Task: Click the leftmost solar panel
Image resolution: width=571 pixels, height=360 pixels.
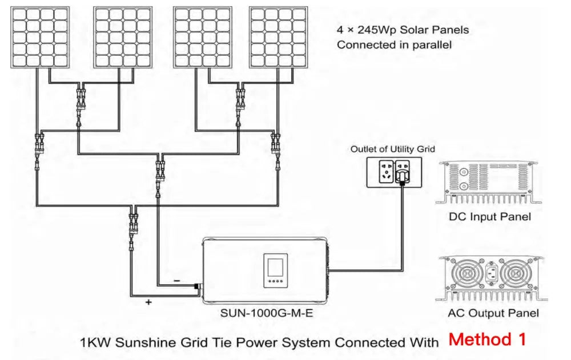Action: pos(40,37)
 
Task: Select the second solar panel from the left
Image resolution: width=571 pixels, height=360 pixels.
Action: pos(122,37)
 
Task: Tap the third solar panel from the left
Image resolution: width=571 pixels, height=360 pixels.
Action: pos(202,37)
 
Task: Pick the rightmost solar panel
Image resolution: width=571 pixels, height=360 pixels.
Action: pos(278,37)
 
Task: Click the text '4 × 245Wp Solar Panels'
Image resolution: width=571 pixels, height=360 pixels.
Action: pos(403,30)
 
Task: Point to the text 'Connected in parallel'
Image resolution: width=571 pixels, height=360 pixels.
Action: pos(394,45)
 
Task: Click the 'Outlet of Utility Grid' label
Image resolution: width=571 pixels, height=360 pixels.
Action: pos(392,149)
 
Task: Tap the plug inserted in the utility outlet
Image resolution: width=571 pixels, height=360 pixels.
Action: pos(404,172)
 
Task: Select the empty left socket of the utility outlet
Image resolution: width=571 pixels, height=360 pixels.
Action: pos(381,171)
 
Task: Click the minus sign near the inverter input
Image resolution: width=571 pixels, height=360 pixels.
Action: pos(177,281)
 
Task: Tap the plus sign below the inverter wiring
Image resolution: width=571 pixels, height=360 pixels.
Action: pos(148,302)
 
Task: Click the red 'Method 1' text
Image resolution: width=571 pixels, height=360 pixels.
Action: pos(487,339)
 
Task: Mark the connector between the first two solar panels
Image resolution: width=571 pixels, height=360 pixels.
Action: pos(79,97)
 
